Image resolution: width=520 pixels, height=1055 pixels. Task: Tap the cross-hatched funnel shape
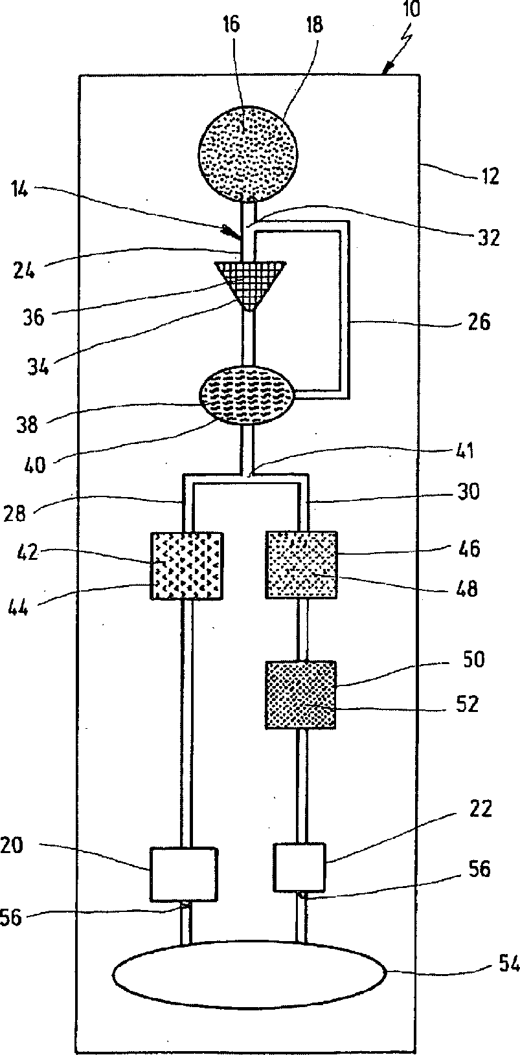(x=249, y=280)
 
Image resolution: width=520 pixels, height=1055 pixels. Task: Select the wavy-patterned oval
(x=248, y=394)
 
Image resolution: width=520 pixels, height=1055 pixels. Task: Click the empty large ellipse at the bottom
(x=249, y=973)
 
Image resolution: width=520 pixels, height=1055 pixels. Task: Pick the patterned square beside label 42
(x=187, y=564)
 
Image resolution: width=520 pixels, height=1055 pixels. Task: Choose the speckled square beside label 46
(x=301, y=564)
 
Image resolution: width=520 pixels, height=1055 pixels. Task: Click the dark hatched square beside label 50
(x=300, y=694)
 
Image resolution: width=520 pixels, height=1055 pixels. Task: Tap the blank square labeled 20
(x=183, y=873)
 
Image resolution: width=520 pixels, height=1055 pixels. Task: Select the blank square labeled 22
(x=299, y=867)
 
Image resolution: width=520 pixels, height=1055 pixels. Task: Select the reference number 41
(x=463, y=450)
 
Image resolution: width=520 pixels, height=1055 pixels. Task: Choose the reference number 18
(x=315, y=25)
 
